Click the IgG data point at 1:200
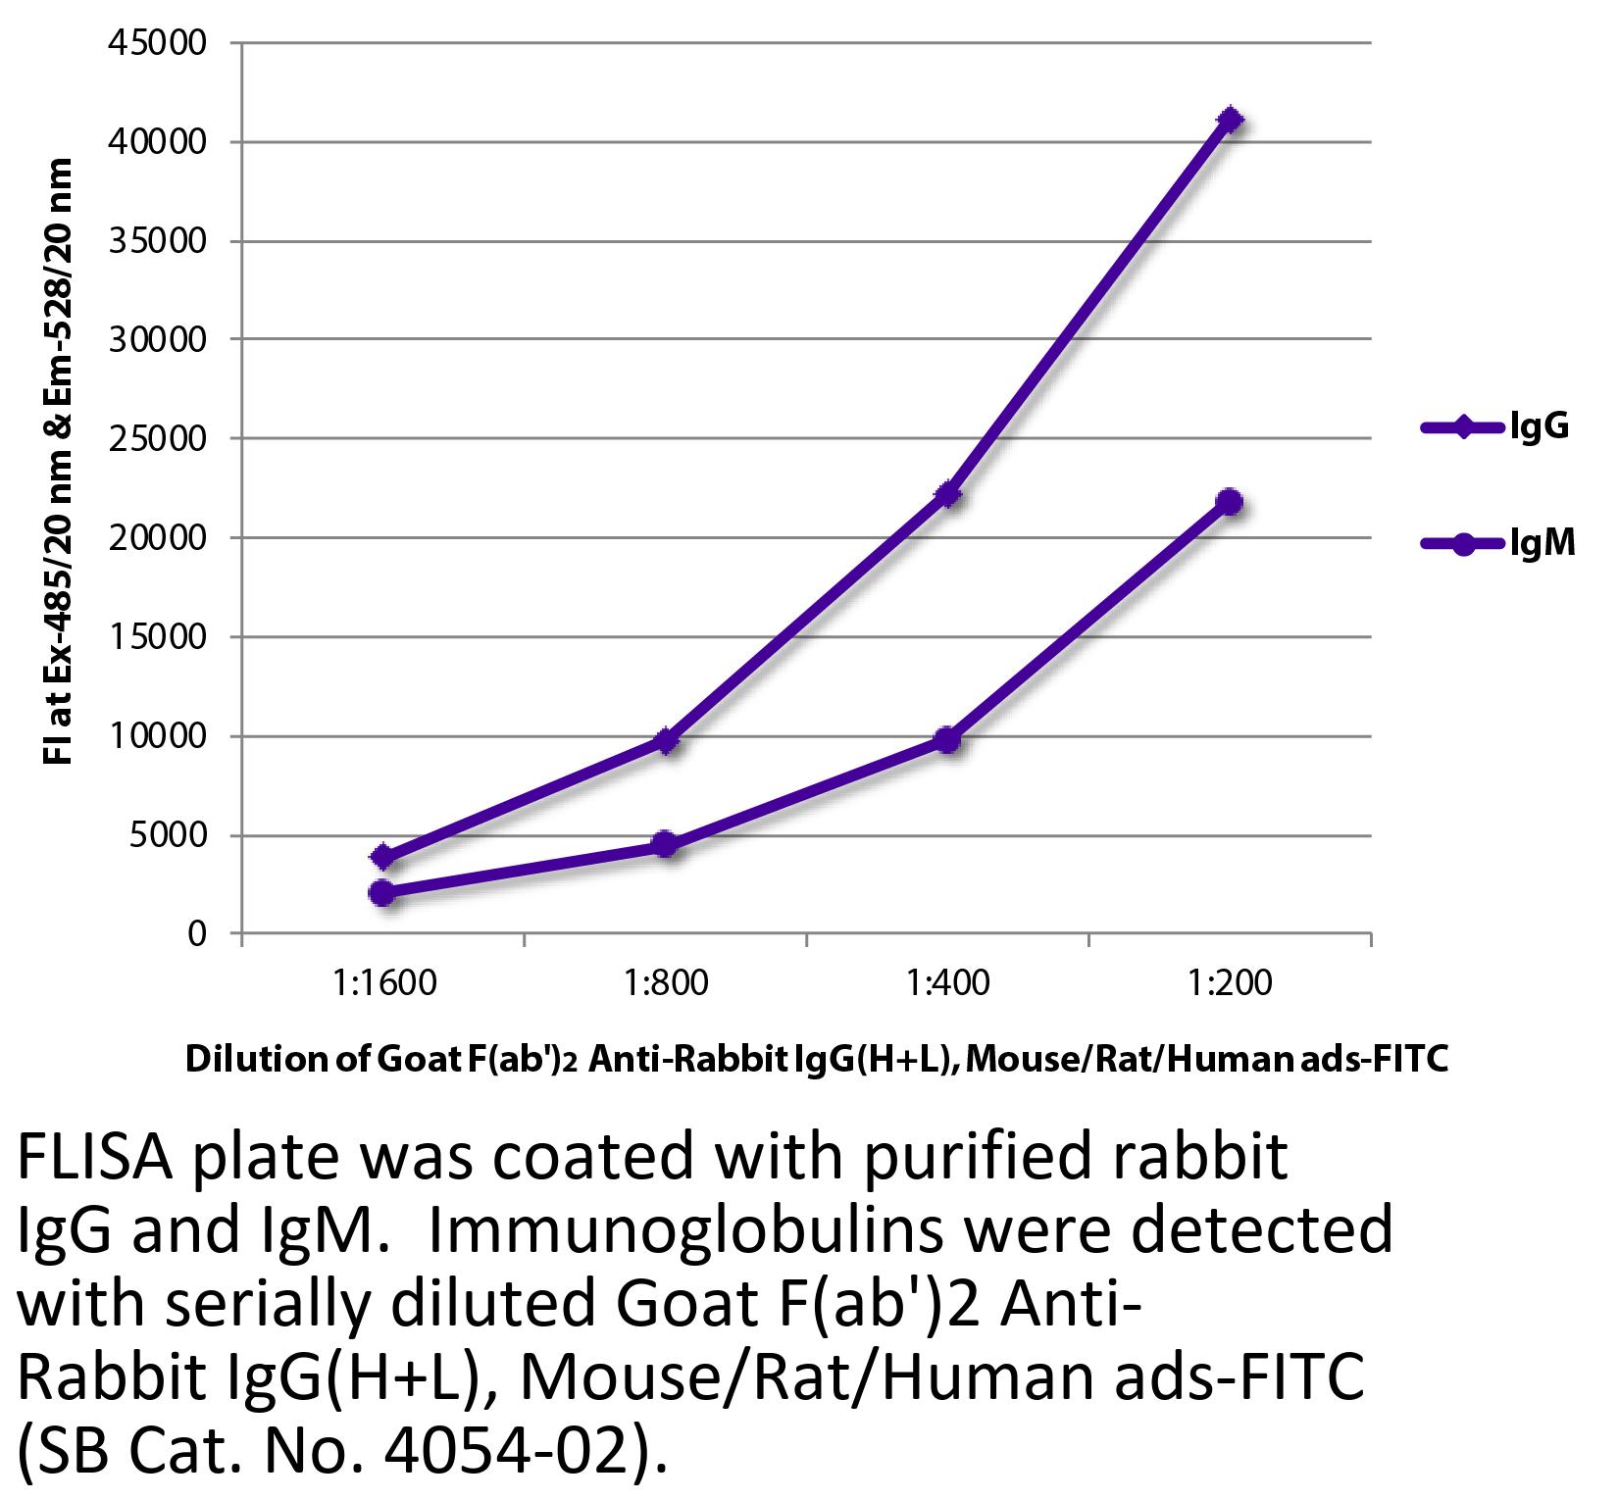click(x=1230, y=121)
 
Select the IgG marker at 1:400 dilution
click(x=948, y=494)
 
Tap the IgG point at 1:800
click(x=666, y=740)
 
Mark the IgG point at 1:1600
click(x=383, y=858)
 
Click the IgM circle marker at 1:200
click(x=1230, y=503)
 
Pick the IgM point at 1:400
click(x=948, y=739)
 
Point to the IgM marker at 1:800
click(x=666, y=844)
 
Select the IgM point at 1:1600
click(x=383, y=893)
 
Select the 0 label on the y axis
click(x=196, y=934)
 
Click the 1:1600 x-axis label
click(x=383, y=981)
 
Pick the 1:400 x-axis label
click(x=948, y=981)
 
